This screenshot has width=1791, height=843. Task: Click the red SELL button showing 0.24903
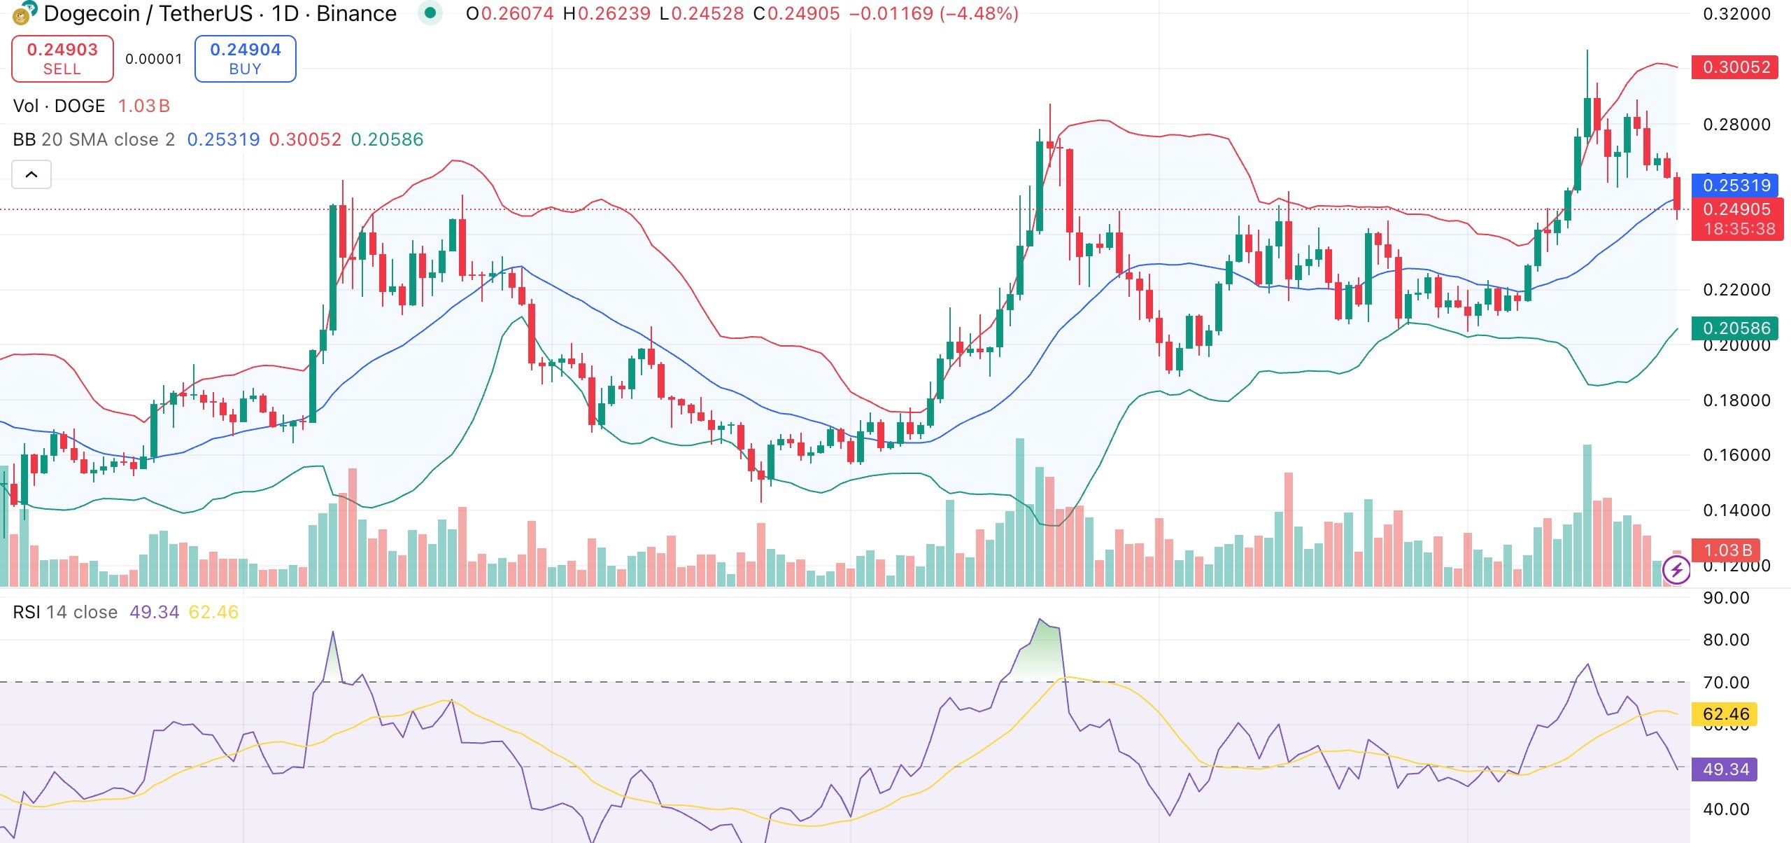62,59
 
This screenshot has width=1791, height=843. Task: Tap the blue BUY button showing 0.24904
245,59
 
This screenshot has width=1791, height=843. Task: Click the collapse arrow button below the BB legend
31,174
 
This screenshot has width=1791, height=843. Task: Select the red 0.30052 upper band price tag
1736,67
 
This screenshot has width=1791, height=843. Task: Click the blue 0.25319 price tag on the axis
1736,186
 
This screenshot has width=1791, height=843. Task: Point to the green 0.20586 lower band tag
1736,328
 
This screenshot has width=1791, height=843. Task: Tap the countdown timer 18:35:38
1739,229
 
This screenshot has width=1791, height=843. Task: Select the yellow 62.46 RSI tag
1725,714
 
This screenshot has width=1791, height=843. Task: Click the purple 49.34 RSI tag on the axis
1725,769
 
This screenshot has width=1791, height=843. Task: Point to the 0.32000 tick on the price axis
1736,14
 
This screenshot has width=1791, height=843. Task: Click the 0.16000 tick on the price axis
1736,455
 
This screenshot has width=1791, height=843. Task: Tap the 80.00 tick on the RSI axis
1726,640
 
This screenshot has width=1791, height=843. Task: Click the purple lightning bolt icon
1676,570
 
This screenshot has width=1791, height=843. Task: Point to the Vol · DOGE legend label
59,106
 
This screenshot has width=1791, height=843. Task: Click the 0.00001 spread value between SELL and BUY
154,59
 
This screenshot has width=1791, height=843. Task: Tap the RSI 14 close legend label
65,613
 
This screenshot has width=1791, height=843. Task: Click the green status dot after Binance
430,13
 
